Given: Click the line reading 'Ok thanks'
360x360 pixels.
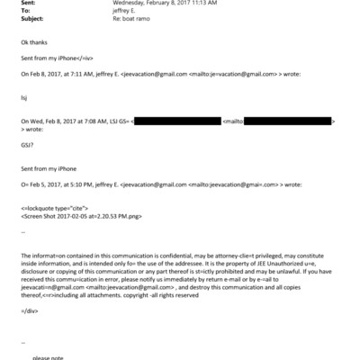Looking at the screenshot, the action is [x=31, y=42].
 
